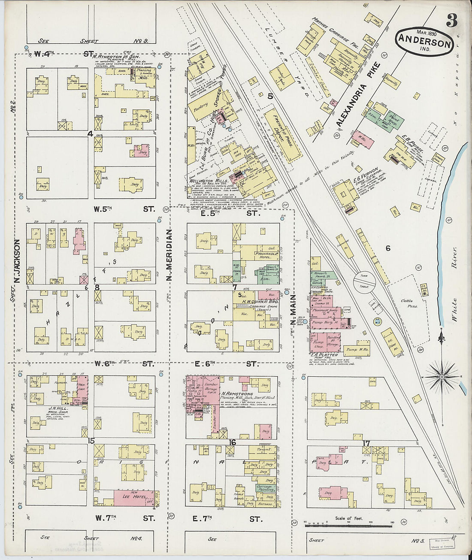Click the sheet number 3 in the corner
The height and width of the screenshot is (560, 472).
pos(451,20)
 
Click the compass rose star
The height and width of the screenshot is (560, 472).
pos(442,377)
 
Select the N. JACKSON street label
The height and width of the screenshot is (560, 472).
pos(18,262)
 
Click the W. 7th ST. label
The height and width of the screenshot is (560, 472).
pos(124,518)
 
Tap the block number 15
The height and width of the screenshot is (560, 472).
pos(91,441)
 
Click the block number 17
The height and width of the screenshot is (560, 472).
pos(366,443)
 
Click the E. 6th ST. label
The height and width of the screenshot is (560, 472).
pos(227,364)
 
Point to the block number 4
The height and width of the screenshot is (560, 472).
pos(90,134)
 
